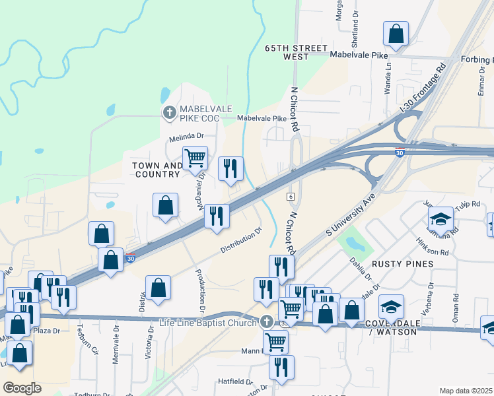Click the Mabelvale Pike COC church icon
click(169, 112)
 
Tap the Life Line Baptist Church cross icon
click(266, 322)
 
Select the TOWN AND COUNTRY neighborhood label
click(157, 170)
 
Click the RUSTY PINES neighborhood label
click(402, 263)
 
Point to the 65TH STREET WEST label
click(287, 53)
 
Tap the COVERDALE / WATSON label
click(392, 328)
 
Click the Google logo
click(22, 387)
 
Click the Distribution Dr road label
click(241, 240)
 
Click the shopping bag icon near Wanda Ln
click(396, 34)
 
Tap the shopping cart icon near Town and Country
click(195, 159)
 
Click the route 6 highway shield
click(291, 197)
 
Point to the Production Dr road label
click(200, 290)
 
